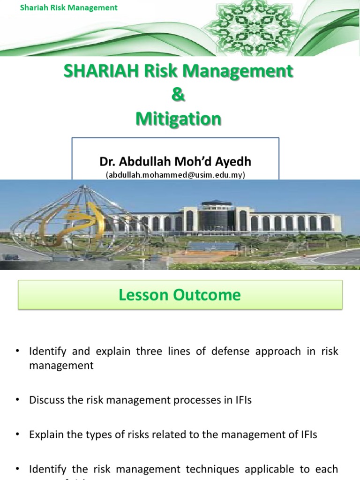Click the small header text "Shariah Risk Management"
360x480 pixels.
point(69,7)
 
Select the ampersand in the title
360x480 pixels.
point(178,95)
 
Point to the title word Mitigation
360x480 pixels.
point(178,119)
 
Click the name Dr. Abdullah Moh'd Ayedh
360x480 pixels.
point(175,162)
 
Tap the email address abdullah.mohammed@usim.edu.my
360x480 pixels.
point(175,174)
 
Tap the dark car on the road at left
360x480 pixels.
point(10,257)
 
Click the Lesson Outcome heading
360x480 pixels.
point(180,295)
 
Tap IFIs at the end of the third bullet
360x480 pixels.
point(306,435)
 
